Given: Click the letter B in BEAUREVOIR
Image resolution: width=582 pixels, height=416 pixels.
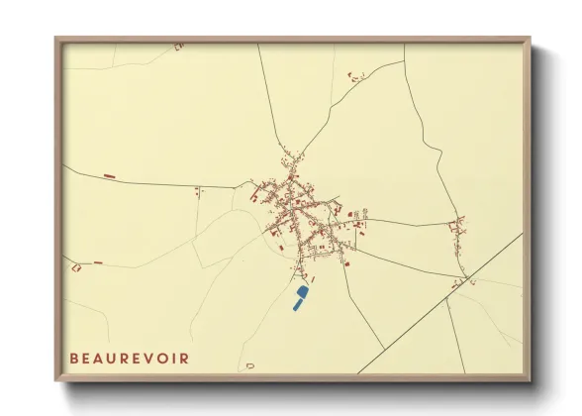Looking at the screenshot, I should pyautogui.click(x=73, y=358).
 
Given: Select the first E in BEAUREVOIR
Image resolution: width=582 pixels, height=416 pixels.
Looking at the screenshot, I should pyautogui.click(x=87, y=358).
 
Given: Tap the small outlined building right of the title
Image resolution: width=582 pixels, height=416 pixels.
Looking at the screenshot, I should pyautogui.click(x=250, y=366).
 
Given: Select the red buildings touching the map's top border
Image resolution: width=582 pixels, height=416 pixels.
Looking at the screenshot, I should pyautogui.click(x=179, y=46).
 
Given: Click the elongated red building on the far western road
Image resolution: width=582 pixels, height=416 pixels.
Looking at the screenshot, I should pyautogui.click(x=110, y=176).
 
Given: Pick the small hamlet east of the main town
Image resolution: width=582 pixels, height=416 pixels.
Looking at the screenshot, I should pyautogui.click(x=458, y=229).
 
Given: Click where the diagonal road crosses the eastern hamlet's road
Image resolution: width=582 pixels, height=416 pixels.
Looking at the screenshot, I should pyautogui.click(x=463, y=277).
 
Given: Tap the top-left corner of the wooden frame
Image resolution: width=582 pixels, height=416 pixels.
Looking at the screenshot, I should pyautogui.click(x=56, y=40).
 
